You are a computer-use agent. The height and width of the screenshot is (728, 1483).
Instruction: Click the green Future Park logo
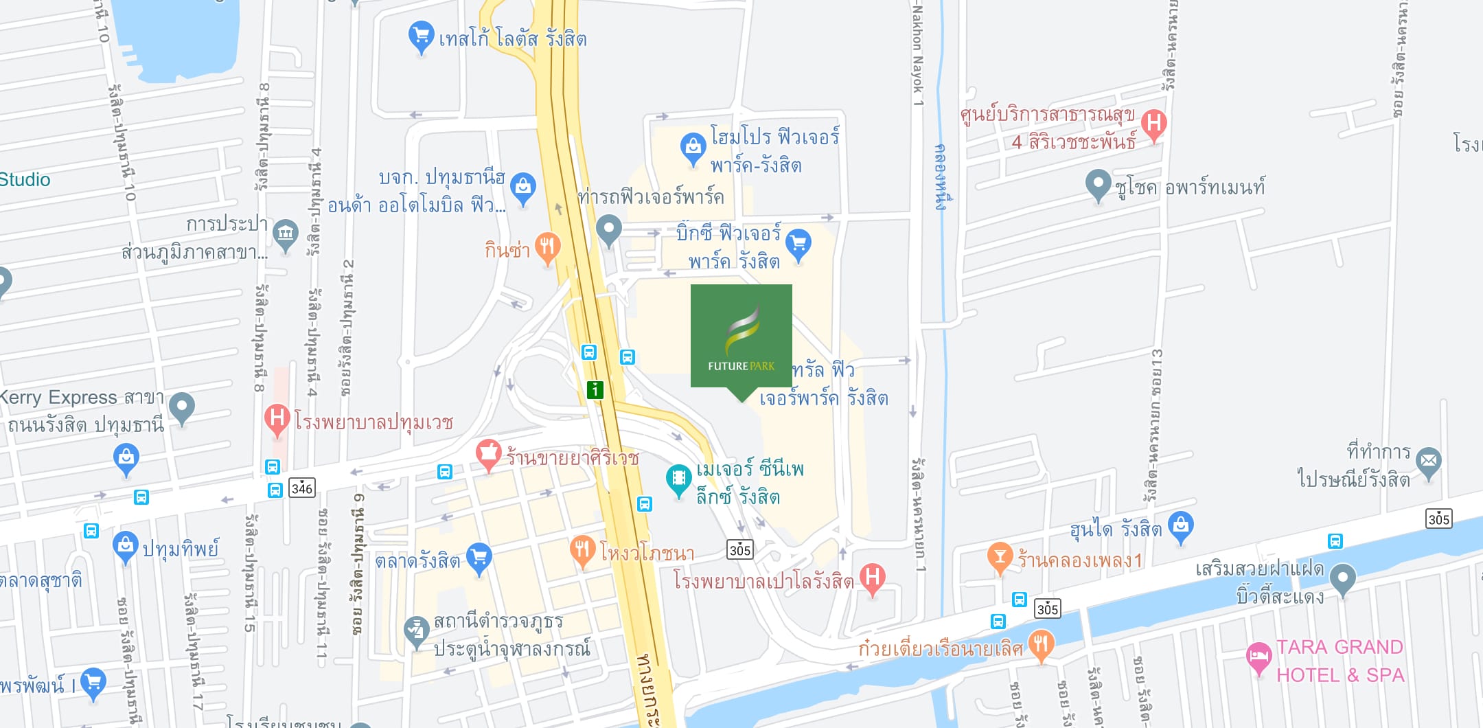click(x=741, y=337)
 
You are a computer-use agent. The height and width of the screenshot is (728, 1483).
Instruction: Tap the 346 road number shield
click(x=302, y=488)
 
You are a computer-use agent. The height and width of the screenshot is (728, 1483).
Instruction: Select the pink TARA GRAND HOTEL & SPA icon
click(x=1258, y=657)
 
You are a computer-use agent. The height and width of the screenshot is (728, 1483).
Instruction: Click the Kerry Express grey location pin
click(x=182, y=407)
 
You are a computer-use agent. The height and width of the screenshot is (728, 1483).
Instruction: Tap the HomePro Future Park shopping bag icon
click(x=693, y=147)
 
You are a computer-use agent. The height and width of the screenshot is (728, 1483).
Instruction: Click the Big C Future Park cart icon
click(x=798, y=243)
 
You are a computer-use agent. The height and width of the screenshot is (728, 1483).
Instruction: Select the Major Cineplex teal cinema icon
click(x=678, y=478)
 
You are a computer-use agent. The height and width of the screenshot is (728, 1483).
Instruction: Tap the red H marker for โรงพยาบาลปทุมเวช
click(x=277, y=418)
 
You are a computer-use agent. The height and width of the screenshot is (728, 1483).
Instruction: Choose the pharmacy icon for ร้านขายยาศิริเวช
click(x=488, y=453)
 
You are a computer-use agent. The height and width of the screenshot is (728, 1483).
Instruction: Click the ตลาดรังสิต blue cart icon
click(x=479, y=557)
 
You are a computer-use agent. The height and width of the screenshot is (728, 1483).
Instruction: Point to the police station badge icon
click(x=416, y=630)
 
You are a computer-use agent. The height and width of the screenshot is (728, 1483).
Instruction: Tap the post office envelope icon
click(x=1428, y=461)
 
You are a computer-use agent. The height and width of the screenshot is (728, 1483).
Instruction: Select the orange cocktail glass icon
click(x=1000, y=556)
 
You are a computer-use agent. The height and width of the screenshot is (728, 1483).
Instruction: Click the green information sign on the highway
click(x=595, y=390)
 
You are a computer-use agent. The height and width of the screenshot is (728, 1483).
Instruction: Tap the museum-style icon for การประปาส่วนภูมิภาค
click(x=285, y=233)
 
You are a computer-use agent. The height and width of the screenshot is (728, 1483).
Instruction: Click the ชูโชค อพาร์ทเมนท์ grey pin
click(x=1098, y=183)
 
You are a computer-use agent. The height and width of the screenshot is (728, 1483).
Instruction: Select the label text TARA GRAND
click(x=1339, y=647)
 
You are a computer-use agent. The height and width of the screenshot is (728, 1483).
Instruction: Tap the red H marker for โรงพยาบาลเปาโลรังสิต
click(x=872, y=577)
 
